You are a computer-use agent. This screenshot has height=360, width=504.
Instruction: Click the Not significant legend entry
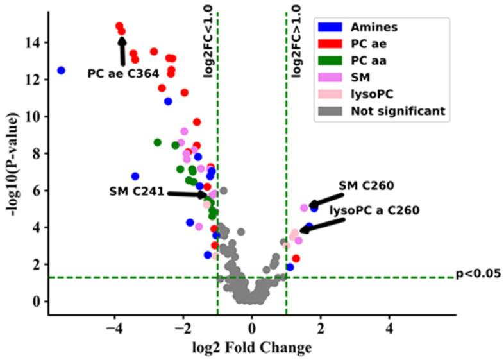coord(397,110)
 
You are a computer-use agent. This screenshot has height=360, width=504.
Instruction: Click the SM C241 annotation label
coord(137,191)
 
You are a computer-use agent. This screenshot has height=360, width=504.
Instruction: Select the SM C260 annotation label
coord(366,185)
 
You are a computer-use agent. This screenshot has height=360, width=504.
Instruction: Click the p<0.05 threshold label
coord(478,274)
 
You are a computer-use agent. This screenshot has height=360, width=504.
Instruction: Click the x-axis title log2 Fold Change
coord(252,348)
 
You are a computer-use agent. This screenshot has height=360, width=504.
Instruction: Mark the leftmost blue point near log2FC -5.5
coord(62,71)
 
